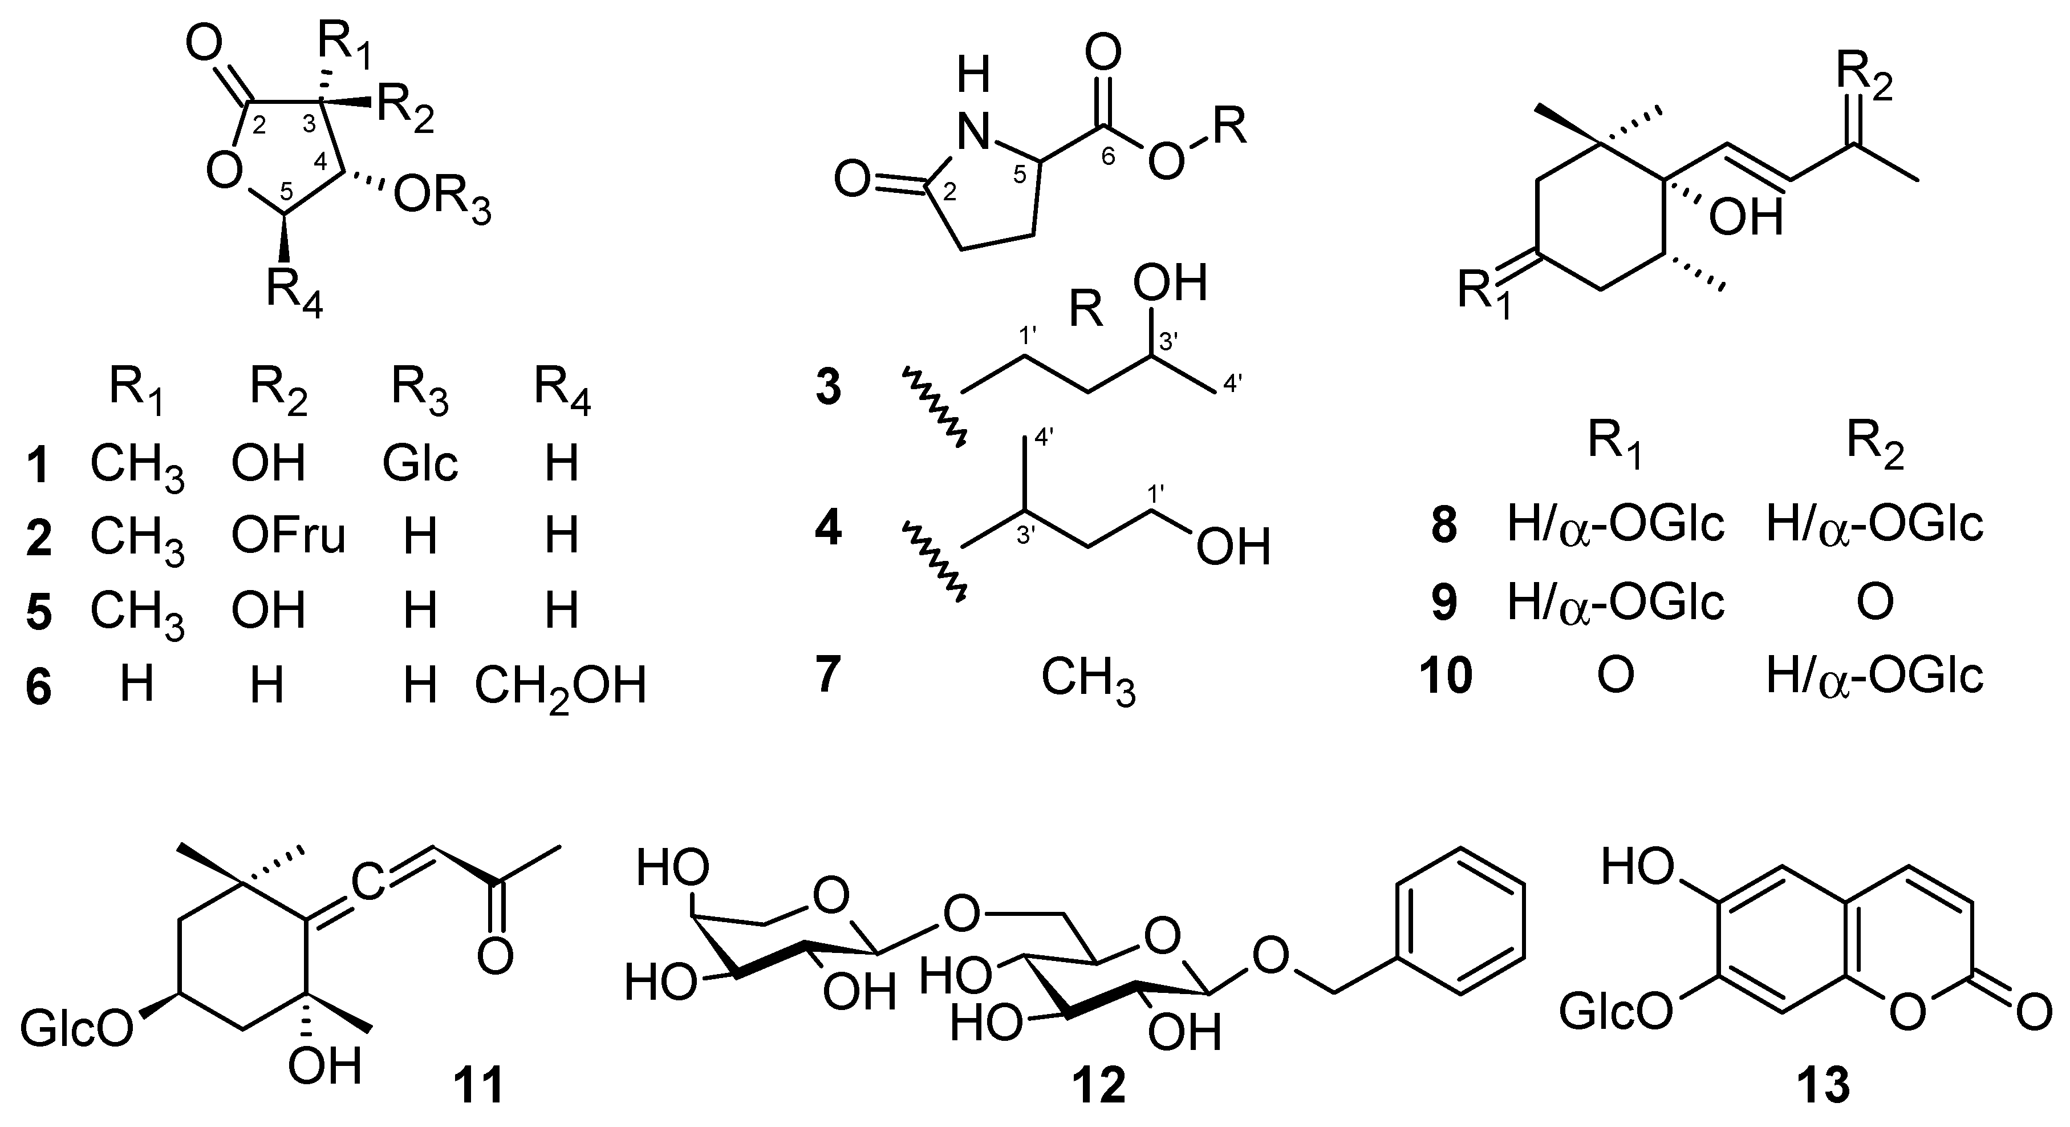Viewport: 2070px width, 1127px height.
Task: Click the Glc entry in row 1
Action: (x=420, y=463)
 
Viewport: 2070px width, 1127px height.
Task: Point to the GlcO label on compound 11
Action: (x=76, y=1030)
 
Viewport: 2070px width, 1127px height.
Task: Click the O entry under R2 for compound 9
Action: (x=1875, y=604)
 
